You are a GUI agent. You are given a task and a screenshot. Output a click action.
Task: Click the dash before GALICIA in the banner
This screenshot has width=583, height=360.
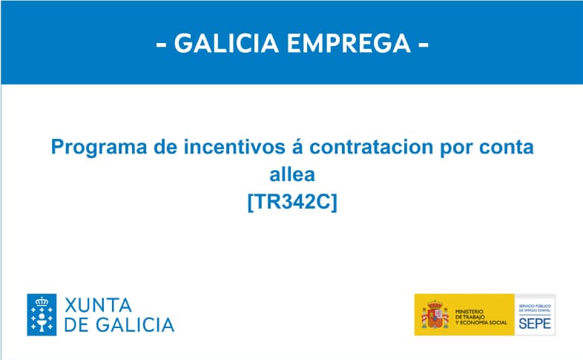point(161,45)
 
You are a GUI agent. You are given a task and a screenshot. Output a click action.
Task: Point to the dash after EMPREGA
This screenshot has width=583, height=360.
point(424,45)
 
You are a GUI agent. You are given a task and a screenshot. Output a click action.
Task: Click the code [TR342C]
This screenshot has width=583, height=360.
point(291,200)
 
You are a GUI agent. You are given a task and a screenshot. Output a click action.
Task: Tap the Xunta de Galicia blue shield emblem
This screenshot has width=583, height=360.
point(42,315)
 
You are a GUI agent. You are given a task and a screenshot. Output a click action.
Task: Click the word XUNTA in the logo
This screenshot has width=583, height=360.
point(98,305)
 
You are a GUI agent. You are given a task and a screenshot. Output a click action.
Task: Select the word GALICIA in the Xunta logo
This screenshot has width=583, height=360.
point(134,324)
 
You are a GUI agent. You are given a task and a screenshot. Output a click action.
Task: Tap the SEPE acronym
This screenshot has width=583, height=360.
point(534,323)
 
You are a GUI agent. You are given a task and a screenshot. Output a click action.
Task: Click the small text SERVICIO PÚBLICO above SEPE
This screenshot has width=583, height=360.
point(534,305)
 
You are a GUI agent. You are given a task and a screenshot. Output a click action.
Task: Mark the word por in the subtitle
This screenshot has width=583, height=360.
point(458,148)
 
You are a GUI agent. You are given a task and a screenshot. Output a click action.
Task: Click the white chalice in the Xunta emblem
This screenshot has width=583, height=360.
point(42,317)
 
